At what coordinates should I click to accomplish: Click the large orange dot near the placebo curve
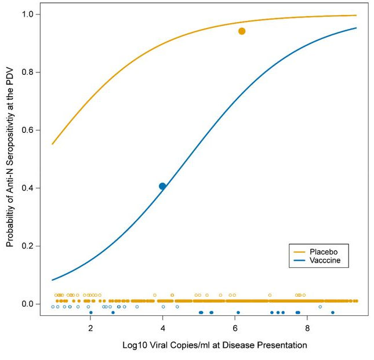(x=242, y=31)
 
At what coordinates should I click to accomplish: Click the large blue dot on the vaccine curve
(x=162, y=186)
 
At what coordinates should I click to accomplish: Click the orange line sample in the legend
(x=299, y=252)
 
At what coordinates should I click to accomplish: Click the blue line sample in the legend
(x=299, y=261)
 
